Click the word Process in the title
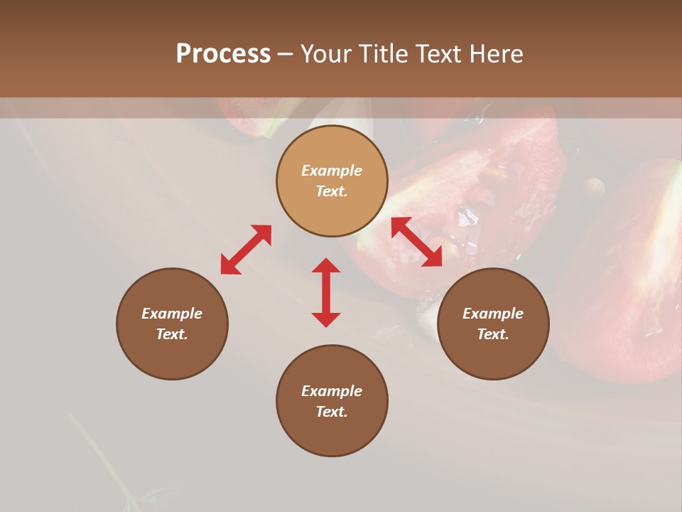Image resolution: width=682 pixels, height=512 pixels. point(223,54)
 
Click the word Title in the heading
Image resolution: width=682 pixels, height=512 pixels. point(383,54)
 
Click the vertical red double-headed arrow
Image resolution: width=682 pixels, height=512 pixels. point(326,292)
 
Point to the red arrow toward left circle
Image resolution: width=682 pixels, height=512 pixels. point(246,249)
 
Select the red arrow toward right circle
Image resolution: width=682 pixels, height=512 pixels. point(416,242)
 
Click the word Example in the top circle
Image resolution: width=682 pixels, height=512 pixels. point(332,171)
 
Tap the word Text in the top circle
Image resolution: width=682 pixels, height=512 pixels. point(332,191)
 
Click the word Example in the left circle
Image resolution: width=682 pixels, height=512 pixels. point(172,314)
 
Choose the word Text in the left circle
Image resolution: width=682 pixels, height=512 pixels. point(172,334)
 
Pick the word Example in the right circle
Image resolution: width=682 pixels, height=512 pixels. point(493,314)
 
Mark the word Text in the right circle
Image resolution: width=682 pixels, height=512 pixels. point(493,334)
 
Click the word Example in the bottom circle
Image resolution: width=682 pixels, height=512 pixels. point(332,391)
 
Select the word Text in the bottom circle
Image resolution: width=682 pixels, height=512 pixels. point(332,412)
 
